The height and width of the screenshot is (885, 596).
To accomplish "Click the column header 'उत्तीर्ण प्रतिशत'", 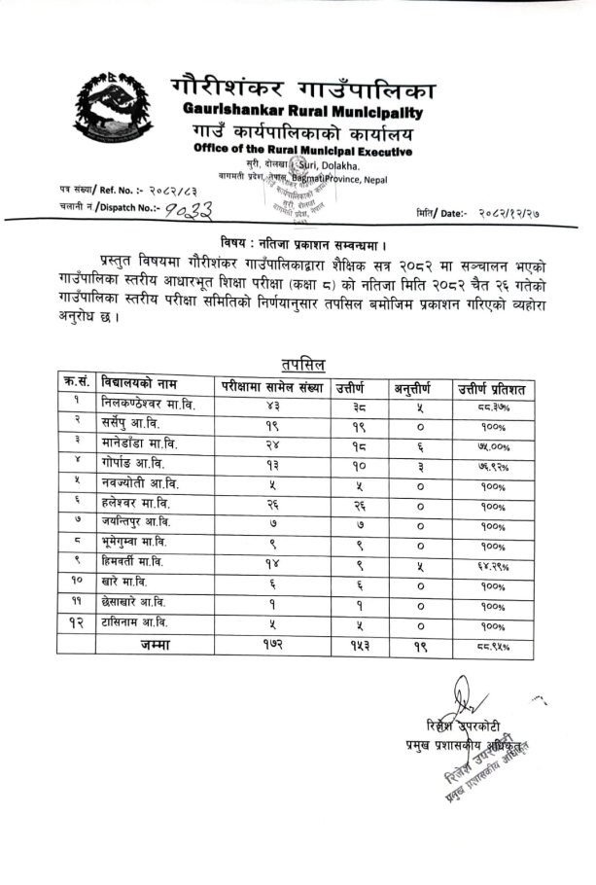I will click(x=492, y=389).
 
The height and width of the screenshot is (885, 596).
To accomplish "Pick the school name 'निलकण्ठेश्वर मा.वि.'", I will click(x=148, y=406).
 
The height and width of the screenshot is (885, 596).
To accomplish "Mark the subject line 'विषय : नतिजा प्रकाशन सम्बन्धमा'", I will click(x=298, y=242).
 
